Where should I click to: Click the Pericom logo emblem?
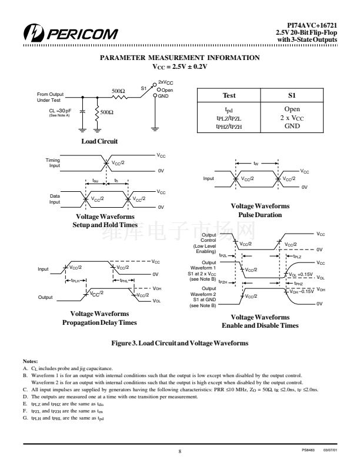pos(34,33)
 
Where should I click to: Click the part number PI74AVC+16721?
pos(312,25)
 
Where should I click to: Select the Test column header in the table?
pos(229,95)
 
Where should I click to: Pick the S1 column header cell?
pos(292,95)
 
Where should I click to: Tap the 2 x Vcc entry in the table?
pos(292,118)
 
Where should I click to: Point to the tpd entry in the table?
pos(229,110)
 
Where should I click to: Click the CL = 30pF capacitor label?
pos(60,111)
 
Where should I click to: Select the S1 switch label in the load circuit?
pos(144,88)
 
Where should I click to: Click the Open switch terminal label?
pos(167,90)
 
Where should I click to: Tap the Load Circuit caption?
pos(99,141)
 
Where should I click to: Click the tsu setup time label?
pos(95,181)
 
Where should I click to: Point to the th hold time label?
pos(116,181)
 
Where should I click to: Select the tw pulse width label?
pos(256,163)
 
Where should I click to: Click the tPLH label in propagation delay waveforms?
pos(75,280)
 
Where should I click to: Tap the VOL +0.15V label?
pos(301,275)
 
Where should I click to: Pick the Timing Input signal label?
pos(53,162)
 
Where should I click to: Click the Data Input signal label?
pos(55,199)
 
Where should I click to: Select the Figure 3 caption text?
pos(179,343)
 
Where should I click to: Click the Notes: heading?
pos(31,361)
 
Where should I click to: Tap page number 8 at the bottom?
pos(179,451)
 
